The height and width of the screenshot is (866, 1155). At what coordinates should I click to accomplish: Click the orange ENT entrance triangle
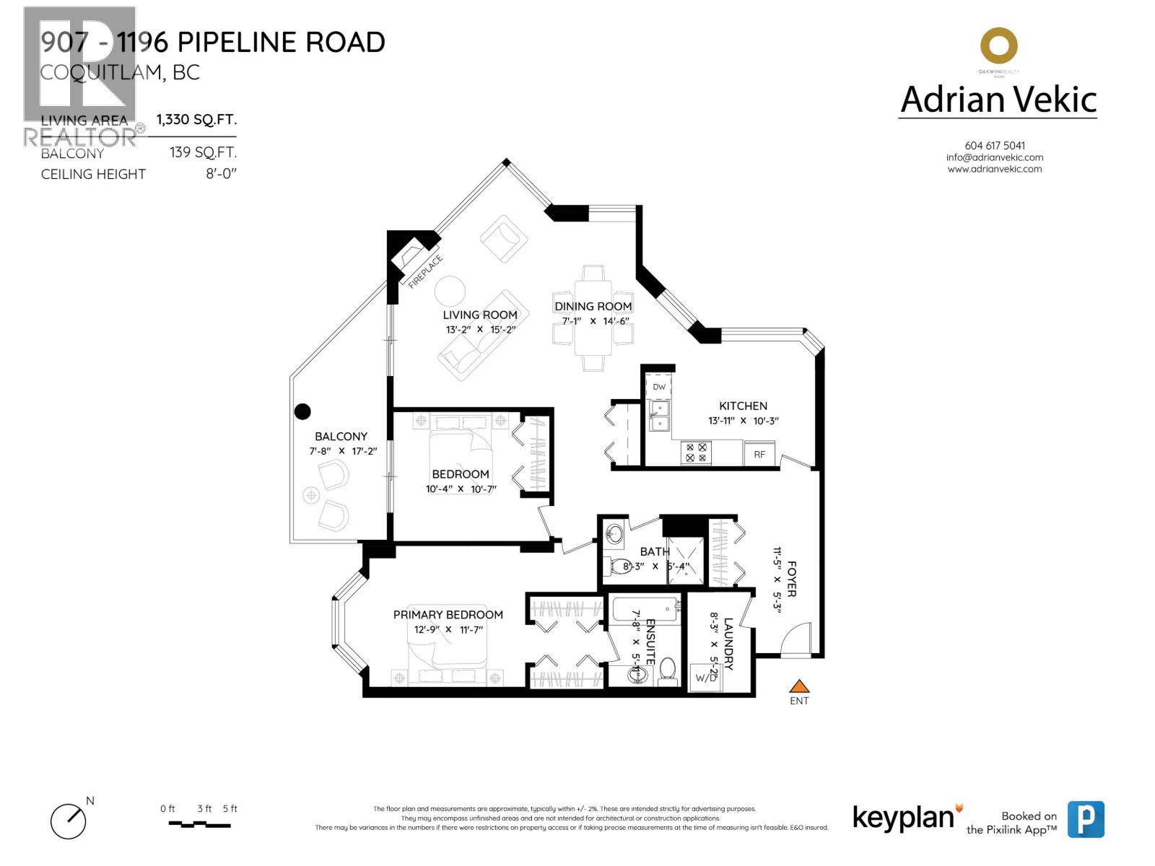(798, 686)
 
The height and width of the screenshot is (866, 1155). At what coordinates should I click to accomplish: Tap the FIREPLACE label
(425, 272)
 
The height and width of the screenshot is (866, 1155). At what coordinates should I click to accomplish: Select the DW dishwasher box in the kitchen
(659, 387)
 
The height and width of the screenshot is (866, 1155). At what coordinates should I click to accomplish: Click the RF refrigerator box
(759, 454)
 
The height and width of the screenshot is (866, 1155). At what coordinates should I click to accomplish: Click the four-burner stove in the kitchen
(696, 452)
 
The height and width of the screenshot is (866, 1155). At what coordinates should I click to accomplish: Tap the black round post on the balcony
(303, 411)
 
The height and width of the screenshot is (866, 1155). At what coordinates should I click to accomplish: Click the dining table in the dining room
(593, 318)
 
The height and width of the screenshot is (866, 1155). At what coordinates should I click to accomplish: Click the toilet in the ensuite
(668, 670)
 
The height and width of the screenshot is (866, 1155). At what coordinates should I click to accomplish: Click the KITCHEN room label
(743, 406)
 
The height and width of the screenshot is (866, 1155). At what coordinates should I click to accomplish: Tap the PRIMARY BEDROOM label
(448, 615)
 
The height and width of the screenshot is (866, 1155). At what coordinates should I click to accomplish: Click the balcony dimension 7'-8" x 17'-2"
(343, 452)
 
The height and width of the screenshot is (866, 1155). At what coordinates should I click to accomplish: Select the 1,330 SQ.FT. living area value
(196, 120)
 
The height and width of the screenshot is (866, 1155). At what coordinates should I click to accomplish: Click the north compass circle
(69, 821)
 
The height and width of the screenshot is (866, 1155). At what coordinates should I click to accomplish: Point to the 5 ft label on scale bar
(230, 809)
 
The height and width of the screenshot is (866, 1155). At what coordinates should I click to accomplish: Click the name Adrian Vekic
(998, 100)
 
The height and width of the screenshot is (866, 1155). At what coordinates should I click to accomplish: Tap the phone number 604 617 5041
(995, 145)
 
